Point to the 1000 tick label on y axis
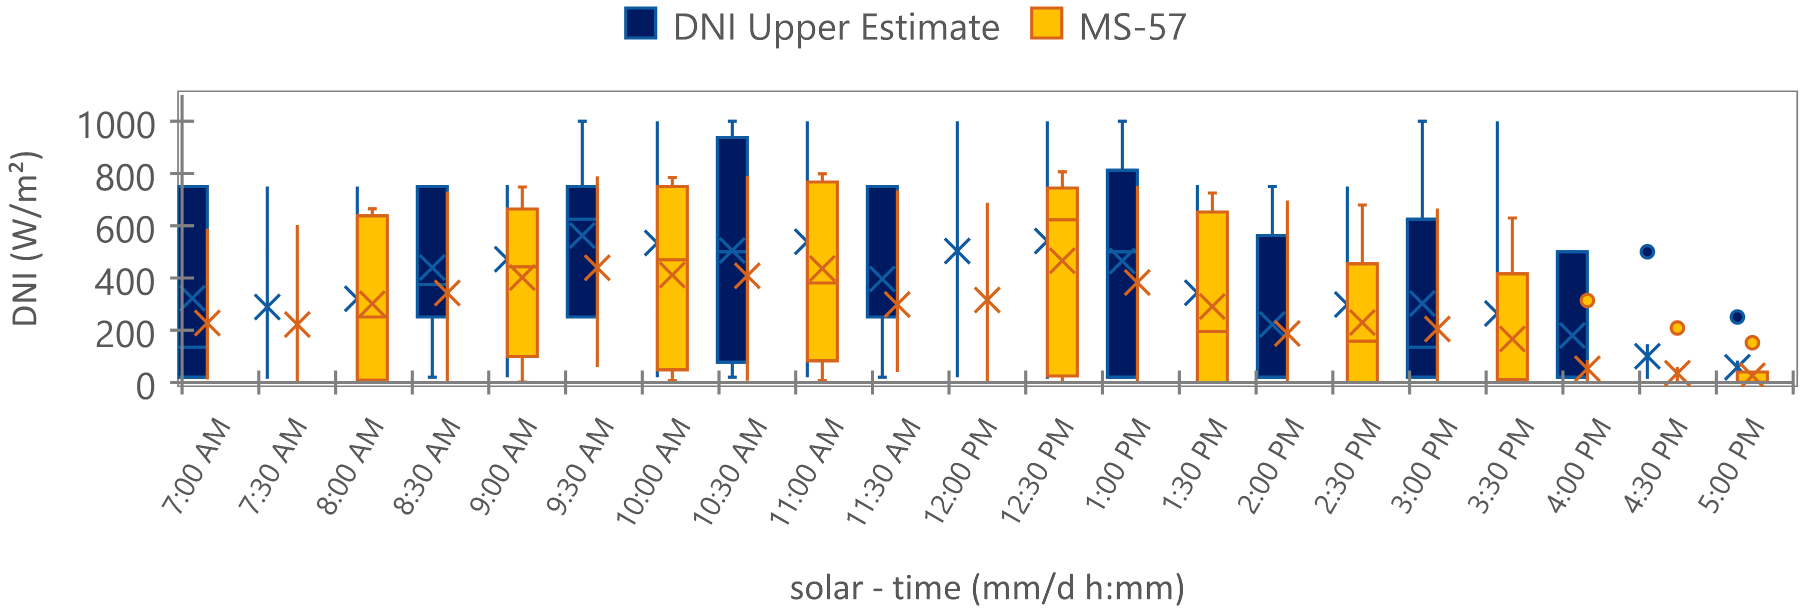point(116,126)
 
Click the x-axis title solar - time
point(987,588)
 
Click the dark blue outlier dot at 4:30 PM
point(1647,251)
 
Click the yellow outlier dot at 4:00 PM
point(1587,300)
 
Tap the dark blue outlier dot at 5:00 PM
point(1737,317)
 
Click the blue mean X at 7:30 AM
point(266,306)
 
